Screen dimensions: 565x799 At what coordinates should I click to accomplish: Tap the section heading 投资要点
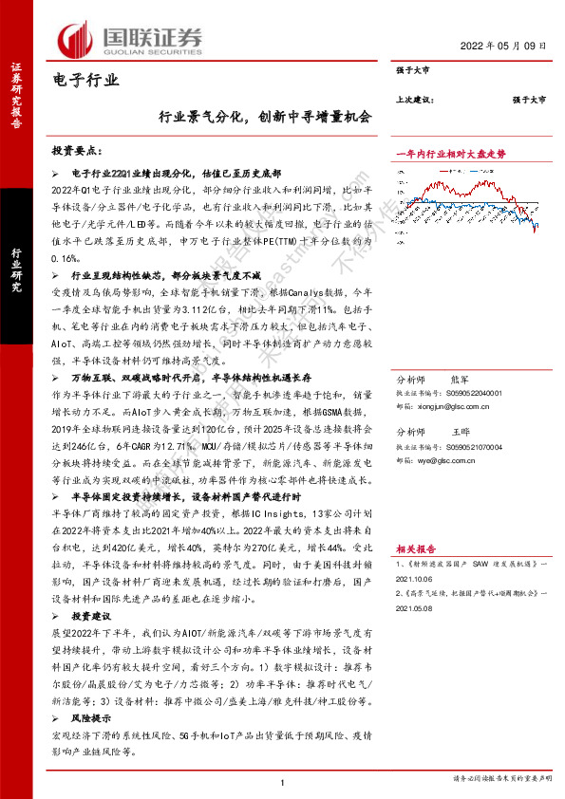click(82, 151)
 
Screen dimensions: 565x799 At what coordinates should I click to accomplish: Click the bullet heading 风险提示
click(88, 721)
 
